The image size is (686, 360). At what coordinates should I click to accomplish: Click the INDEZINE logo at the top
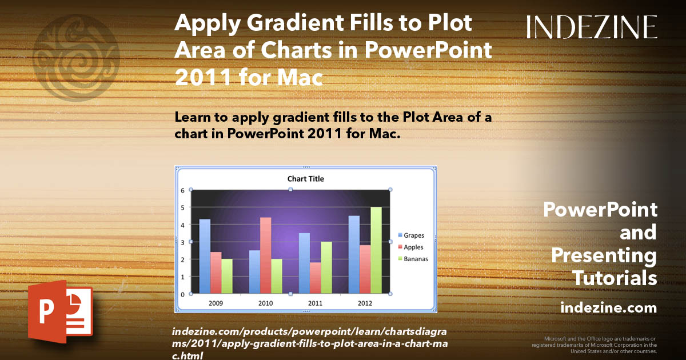pyautogui.click(x=592, y=27)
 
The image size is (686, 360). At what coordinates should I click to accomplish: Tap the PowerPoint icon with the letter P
pyautogui.click(x=59, y=311)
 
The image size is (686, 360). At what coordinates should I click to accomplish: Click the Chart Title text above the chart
pyautogui.click(x=305, y=179)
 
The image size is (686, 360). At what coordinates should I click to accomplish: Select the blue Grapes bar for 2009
pyautogui.click(x=205, y=257)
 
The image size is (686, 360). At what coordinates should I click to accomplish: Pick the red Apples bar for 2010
pyautogui.click(x=265, y=255)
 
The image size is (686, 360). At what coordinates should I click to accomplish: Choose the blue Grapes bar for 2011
pyautogui.click(x=304, y=263)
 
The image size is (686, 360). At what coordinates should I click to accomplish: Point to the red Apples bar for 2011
pyautogui.click(x=315, y=278)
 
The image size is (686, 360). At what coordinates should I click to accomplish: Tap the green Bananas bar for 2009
pyautogui.click(x=227, y=277)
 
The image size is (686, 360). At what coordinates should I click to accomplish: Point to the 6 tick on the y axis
pyautogui.click(x=183, y=190)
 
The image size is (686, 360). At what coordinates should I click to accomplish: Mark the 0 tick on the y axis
pyautogui.click(x=183, y=294)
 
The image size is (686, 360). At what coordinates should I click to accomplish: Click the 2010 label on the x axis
pyautogui.click(x=265, y=303)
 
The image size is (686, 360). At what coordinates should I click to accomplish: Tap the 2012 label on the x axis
pyautogui.click(x=365, y=303)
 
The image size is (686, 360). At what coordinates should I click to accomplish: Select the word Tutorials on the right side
pyautogui.click(x=615, y=278)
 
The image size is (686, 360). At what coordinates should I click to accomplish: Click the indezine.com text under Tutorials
pyautogui.click(x=608, y=308)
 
